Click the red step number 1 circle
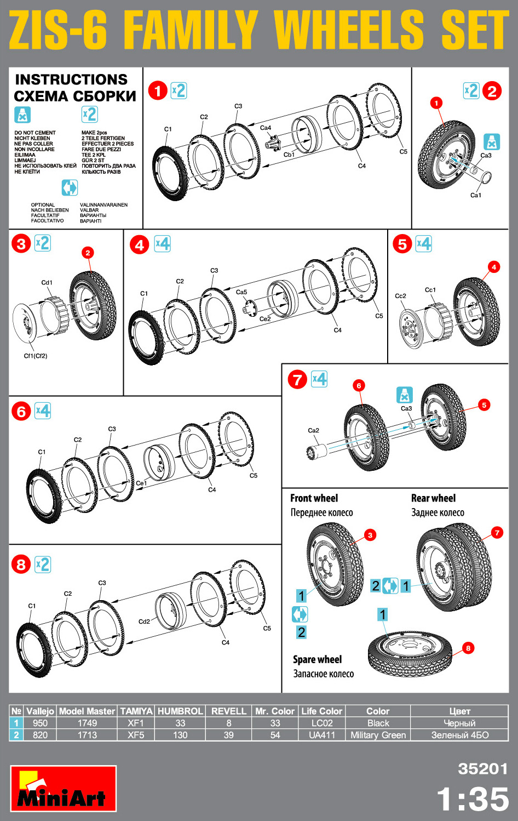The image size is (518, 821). pyautogui.click(x=158, y=90)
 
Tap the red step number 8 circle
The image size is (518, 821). pyautogui.click(x=21, y=565)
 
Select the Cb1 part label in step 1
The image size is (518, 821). pyautogui.click(x=289, y=155)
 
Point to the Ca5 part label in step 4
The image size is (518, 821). pyautogui.click(x=241, y=292)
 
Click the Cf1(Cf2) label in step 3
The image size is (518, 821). pyautogui.click(x=36, y=356)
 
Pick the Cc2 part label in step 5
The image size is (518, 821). pyautogui.click(x=401, y=296)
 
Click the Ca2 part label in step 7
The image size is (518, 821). pyautogui.click(x=313, y=430)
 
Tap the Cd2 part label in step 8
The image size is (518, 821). pyautogui.click(x=144, y=622)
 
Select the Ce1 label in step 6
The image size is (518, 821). pyautogui.click(x=141, y=483)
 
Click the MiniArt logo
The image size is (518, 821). pyautogui.click(x=63, y=789)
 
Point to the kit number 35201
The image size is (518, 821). pyautogui.click(x=483, y=769)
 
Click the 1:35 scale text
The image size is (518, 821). pyautogui.click(x=473, y=799)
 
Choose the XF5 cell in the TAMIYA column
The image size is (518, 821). pyautogui.click(x=136, y=735)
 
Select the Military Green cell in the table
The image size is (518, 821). pyautogui.click(x=378, y=735)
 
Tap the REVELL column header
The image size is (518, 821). pyautogui.click(x=229, y=711)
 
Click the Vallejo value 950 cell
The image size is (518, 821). pyautogui.click(x=40, y=723)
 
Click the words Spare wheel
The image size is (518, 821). pyautogui.click(x=317, y=659)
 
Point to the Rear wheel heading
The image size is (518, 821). pyautogui.click(x=433, y=498)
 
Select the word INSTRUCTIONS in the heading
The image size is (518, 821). pyautogui.click(x=71, y=79)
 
